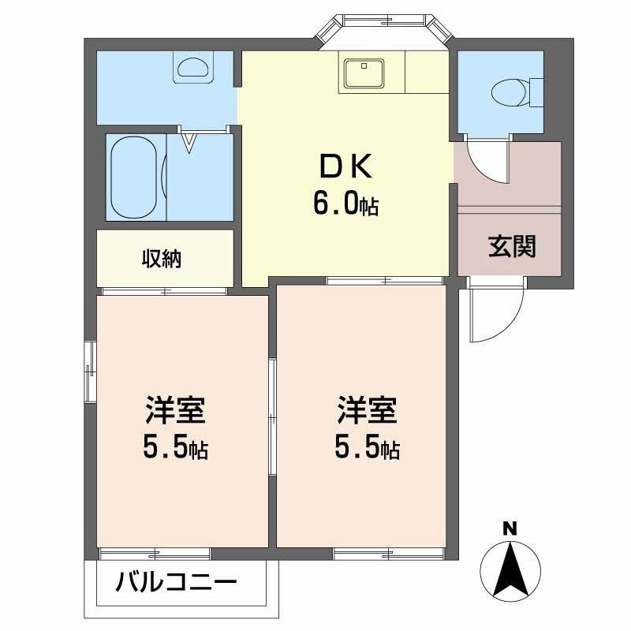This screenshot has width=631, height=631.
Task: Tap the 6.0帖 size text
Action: [345, 204]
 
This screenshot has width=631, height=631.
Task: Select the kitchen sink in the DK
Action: [363, 74]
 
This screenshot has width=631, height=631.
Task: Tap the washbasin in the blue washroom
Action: [192, 67]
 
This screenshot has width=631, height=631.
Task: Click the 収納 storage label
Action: [162, 259]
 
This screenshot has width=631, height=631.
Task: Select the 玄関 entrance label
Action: [512, 248]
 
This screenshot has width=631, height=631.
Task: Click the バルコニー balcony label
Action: [177, 584]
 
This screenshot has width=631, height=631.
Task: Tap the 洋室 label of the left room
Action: [174, 413]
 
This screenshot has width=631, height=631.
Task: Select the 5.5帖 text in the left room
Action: [174, 449]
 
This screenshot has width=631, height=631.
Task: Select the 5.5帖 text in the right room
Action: [367, 449]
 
